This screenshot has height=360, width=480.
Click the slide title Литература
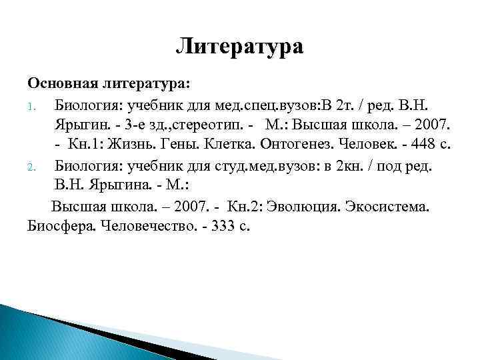(x=240, y=47)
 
